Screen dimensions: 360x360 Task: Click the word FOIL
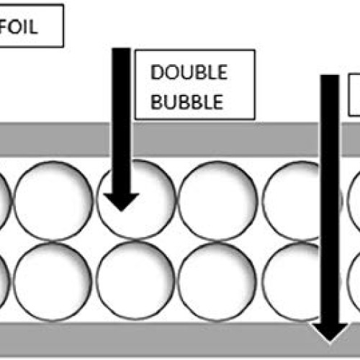(19, 27)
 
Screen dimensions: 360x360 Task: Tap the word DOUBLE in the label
(189, 72)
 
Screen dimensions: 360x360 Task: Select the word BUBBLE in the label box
(187, 102)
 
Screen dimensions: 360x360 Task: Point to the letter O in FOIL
(15, 27)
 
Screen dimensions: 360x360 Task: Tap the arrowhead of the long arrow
(330, 333)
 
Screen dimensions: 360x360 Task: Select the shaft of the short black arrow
(122, 120)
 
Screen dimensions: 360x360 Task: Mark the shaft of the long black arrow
(330, 199)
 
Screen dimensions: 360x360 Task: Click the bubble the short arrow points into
(136, 200)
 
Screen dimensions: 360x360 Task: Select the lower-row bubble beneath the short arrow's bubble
(135, 280)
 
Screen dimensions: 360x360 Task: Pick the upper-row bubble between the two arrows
(218, 201)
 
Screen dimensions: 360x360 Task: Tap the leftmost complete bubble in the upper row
(53, 201)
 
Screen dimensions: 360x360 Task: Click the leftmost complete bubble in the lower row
(53, 282)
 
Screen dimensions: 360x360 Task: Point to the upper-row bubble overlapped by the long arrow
(302, 201)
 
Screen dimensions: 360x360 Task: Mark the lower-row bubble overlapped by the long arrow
(301, 282)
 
